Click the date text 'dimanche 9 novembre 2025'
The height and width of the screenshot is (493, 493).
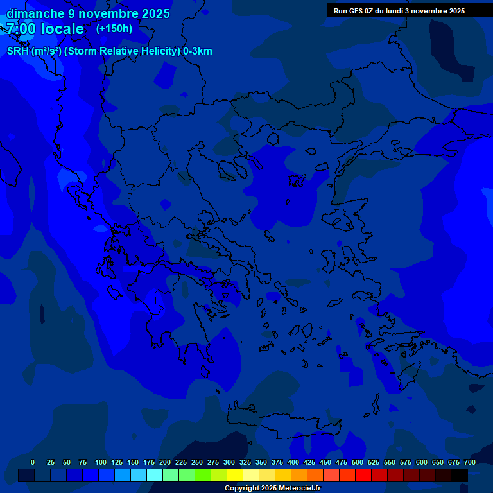point(88,13)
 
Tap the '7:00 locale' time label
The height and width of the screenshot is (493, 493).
point(45,29)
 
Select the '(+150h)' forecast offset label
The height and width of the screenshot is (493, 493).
point(114,28)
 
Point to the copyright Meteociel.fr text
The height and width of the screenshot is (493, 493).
point(272,488)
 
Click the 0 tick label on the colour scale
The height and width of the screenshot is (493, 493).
point(33,462)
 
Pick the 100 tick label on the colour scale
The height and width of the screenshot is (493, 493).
point(101,462)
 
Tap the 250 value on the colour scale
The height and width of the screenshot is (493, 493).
point(197,462)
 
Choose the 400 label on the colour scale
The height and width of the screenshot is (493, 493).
point(293,462)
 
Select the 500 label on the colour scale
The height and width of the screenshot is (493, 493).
point(358,462)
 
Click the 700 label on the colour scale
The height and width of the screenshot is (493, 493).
point(470,462)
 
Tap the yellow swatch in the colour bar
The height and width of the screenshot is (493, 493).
point(235,476)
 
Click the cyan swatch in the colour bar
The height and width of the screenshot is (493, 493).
point(155,476)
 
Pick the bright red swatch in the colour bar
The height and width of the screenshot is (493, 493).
point(363,476)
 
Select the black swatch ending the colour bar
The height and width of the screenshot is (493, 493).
point(460,476)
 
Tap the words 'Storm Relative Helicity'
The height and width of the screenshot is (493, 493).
point(122,51)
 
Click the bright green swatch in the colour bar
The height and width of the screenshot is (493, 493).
point(203,476)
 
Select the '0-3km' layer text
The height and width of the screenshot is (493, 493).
point(198,51)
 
